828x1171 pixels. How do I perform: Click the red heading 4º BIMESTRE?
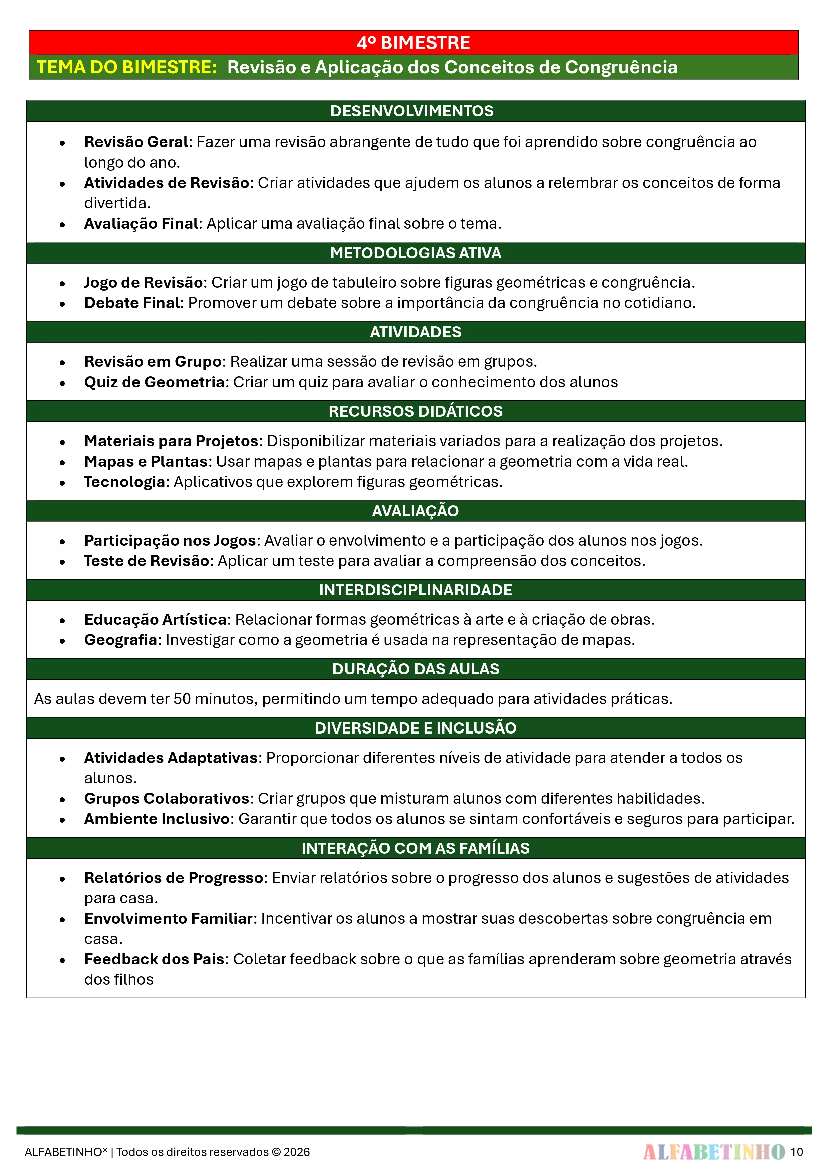[413, 43]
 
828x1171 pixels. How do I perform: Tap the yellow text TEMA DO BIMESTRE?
[127, 67]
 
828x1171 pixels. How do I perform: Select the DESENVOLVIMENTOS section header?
[412, 111]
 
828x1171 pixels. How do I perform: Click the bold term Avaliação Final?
[141, 223]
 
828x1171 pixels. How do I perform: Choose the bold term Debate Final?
[132, 303]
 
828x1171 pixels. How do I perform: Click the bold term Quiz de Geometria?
[155, 382]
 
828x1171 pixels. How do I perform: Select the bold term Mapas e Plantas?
[146, 461]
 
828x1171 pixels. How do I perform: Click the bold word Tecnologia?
[124, 482]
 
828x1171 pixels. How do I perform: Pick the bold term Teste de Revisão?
[147, 561]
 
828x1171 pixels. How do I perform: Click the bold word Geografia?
[120, 640]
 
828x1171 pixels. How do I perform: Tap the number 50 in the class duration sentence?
[182, 699]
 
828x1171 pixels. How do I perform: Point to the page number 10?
[796, 1152]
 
